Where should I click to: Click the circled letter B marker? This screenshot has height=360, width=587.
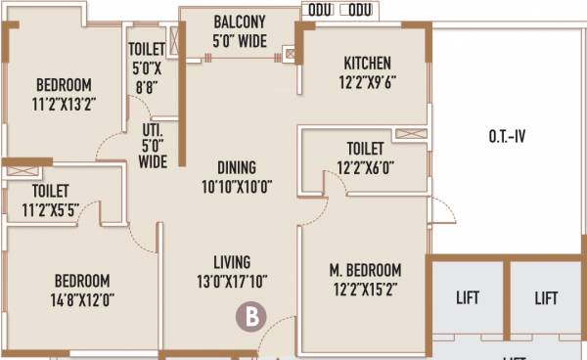click(x=252, y=316)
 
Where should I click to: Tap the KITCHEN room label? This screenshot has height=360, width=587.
click(x=367, y=64)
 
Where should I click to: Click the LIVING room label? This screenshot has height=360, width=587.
click(x=233, y=262)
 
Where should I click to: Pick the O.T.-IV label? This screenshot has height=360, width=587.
click(x=507, y=137)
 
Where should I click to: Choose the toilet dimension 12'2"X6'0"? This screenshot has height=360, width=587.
click(x=365, y=167)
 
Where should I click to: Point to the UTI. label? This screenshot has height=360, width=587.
click(x=153, y=128)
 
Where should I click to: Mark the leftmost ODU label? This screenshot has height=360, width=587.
click(x=319, y=9)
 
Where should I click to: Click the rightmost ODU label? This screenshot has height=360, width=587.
click(x=360, y=9)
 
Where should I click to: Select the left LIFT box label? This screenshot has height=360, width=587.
click(x=467, y=297)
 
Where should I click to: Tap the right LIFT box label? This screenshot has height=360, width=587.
click(x=546, y=297)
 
